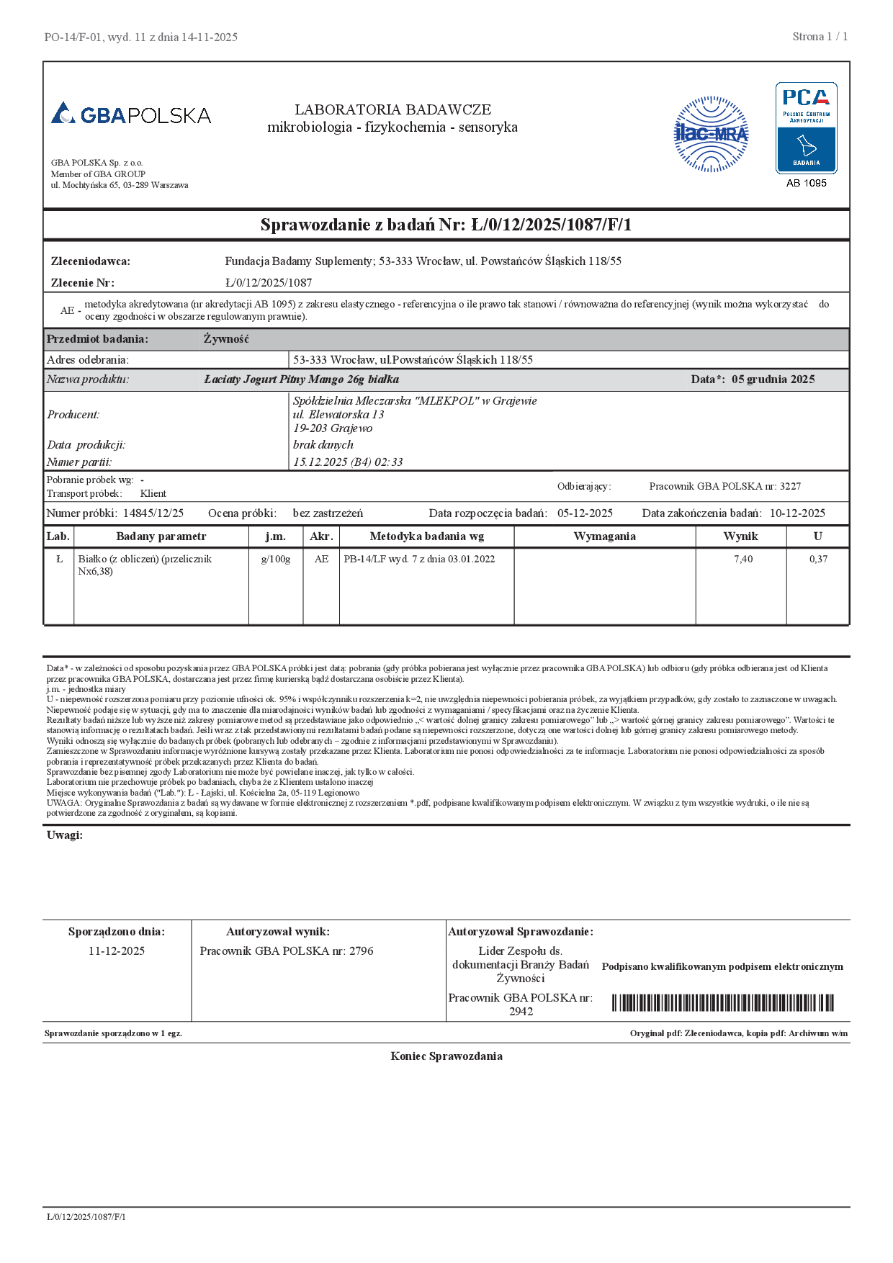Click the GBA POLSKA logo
(x=131, y=114)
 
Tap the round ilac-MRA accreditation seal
(x=711, y=134)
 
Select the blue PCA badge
(x=806, y=127)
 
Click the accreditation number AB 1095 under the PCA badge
(x=806, y=183)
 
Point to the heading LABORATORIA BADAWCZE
(x=392, y=109)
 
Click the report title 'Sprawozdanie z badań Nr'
(x=446, y=225)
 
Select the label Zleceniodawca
(x=91, y=261)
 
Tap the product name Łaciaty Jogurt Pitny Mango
(x=301, y=379)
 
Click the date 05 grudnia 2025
(x=773, y=379)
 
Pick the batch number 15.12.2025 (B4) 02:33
(x=348, y=462)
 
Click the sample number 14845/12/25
(x=153, y=513)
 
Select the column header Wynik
(x=740, y=536)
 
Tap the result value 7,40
(x=743, y=559)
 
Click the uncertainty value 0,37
(x=818, y=559)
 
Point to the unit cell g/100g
(x=276, y=559)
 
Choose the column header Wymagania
(x=604, y=536)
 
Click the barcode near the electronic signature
(x=722, y=1003)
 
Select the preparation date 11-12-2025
(x=117, y=951)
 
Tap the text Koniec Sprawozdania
(x=447, y=1056)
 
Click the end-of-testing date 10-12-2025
(x=797, y=513)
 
